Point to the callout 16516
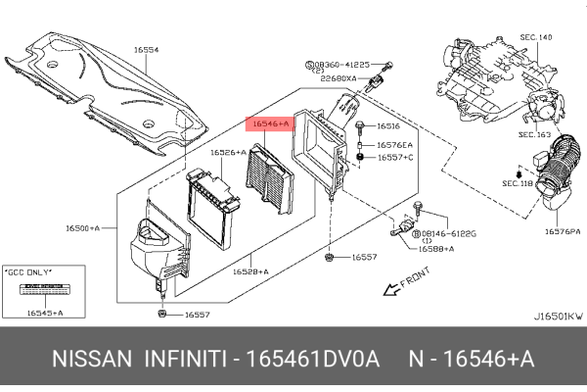(x=388, y=126)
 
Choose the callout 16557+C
(x=395, y=157)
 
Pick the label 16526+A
(x=227, y=152)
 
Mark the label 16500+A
(x=83, y=227)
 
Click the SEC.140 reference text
(x=536, y=36)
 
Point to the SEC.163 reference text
(x=534, y=134)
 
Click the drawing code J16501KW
(x=559, y=316)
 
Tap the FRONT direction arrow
(x=402, y=285)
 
